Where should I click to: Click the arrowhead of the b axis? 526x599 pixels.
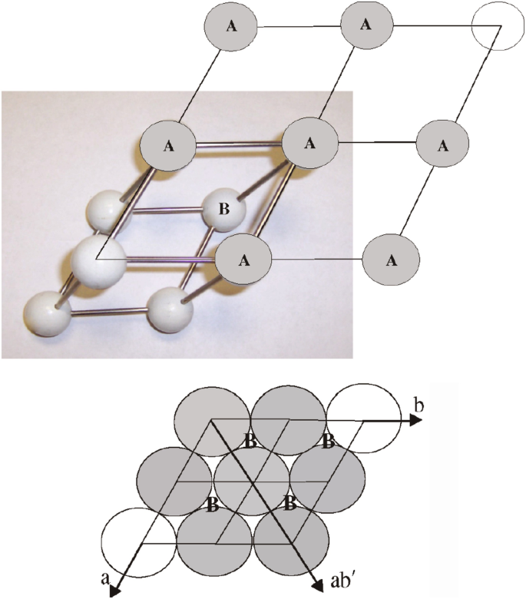coord(417,421)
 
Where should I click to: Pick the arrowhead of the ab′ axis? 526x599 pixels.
coord(316,581)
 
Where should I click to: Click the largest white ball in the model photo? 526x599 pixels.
coord(99,261)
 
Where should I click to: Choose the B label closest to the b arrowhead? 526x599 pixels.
coord(328,442)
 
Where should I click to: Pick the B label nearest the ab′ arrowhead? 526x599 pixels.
coord(289,505)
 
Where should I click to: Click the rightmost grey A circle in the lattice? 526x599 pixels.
coord(442,145)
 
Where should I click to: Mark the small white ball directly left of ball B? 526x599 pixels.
coord(107,210)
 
